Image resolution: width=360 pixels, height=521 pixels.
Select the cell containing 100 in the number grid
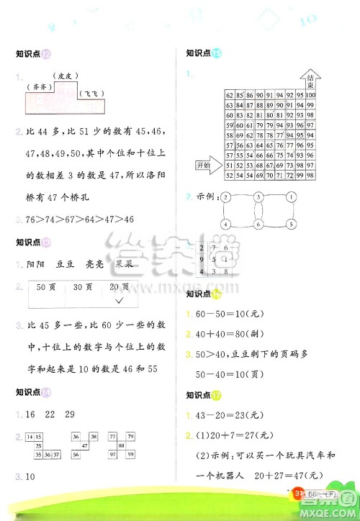pos(310,95)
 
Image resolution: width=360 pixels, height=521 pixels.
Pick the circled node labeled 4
pos(225,225)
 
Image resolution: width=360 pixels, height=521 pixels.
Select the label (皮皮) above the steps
pos(65,75)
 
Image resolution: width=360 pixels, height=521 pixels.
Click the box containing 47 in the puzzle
pos(84,445)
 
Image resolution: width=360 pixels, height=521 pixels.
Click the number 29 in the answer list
pos(70,414)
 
